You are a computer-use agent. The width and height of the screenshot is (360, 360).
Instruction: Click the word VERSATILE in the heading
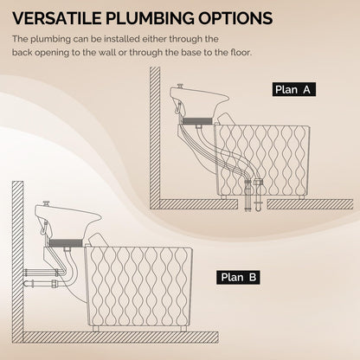pos(57,18)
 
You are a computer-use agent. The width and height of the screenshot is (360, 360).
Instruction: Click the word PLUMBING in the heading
pos(150,18)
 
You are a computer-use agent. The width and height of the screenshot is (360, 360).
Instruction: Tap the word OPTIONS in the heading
pos(235,18)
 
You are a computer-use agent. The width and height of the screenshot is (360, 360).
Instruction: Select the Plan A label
pos(294,89)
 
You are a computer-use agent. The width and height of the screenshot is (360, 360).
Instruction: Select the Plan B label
pos(238,277)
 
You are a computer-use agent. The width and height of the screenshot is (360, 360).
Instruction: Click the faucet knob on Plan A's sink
pos(181,86)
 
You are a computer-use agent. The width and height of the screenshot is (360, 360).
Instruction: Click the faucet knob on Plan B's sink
pos(46,203)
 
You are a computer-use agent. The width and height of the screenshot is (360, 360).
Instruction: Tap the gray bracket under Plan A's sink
pos(197,121)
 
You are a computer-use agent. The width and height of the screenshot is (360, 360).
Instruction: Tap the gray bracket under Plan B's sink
pos(65,243)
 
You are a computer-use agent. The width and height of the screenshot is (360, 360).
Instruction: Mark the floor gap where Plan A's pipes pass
pos(253,204)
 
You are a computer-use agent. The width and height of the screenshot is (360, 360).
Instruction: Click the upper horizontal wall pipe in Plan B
pos(42,273)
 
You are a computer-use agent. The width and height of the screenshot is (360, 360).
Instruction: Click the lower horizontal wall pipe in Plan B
pos(42,283)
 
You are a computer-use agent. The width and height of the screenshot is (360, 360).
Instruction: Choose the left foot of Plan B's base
pos(96,328)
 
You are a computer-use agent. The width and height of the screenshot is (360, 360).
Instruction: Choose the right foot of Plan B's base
pos(183,328)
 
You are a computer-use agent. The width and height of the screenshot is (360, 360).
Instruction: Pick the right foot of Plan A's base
pos(301,197)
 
